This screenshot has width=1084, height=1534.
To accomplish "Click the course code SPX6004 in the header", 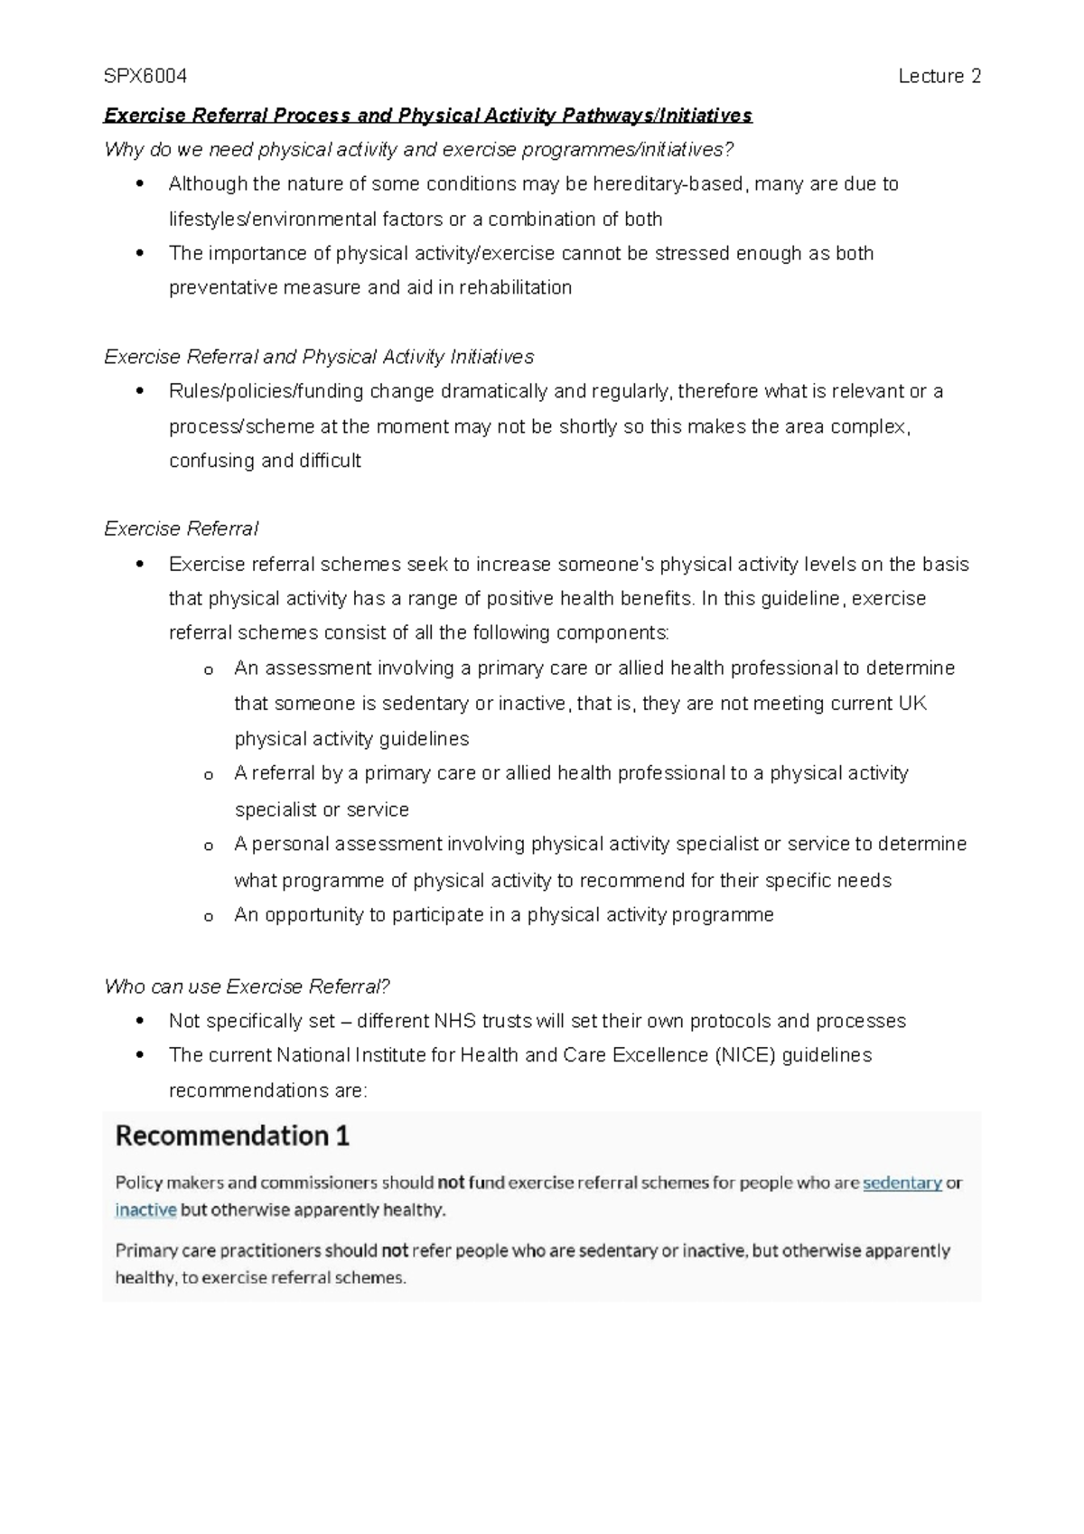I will pos(145,77).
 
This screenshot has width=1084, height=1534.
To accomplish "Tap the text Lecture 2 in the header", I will pos(939,77).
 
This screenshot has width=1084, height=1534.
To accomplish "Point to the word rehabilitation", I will pos(515,288).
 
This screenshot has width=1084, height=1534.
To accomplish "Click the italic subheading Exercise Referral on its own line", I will pos(182,529).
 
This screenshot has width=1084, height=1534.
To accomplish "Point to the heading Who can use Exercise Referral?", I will pos(247,987).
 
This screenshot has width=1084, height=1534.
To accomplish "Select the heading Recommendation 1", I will pos(232,1136).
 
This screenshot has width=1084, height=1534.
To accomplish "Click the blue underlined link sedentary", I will pos(902,1183).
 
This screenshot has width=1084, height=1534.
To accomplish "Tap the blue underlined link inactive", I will pos(145,1211).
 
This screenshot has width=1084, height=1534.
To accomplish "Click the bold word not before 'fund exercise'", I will pos(451,1183).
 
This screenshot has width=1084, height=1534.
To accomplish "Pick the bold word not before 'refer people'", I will pos(395,1251).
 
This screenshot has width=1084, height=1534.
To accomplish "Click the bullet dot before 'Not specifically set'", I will pos(139,1022).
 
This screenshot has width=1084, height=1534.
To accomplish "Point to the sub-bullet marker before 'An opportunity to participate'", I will pos(209,917).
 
